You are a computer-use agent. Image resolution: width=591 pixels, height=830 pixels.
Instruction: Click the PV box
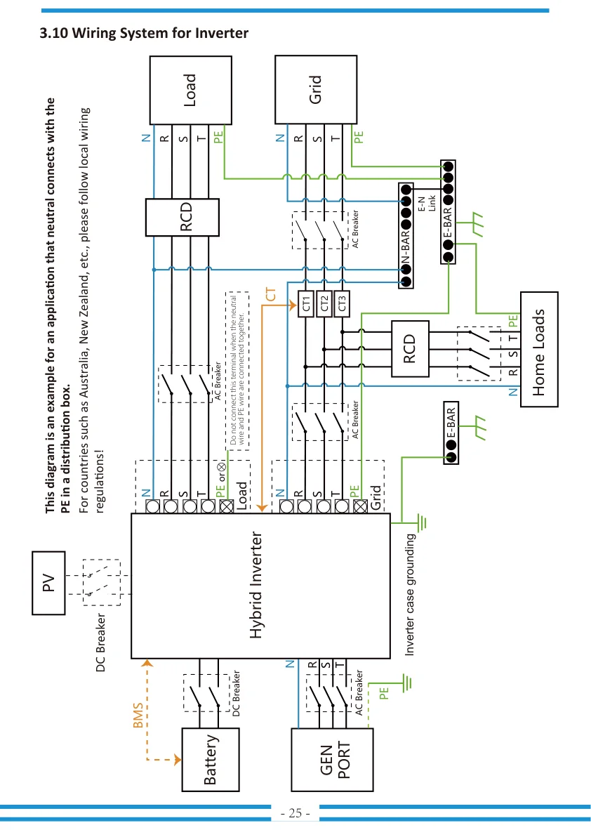[x=48, y=583]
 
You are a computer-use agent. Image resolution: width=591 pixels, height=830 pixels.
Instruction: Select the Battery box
[x=211, y=760]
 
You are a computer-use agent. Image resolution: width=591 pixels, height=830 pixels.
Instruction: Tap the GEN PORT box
[x=332, y=760]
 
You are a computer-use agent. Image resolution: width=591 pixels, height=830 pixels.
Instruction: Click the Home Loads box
[x=539, y=350]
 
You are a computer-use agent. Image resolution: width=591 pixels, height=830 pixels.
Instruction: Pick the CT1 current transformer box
[x=306, y=304]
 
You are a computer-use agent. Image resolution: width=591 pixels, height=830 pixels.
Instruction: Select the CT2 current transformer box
[x=324, y=304]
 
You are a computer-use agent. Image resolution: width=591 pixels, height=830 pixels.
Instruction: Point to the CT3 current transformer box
[x=342, y=304]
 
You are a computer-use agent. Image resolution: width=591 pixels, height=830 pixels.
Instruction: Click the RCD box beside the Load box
[x=182, y=218]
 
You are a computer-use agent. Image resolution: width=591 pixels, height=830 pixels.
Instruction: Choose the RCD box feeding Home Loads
[x=410, y=349]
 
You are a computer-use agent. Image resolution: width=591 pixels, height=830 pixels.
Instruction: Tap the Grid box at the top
[x=316, y=89]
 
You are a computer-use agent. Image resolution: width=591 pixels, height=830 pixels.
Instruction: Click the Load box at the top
[x=190, y=90]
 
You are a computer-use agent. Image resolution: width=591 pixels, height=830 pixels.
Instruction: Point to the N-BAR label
[x=406, y=246]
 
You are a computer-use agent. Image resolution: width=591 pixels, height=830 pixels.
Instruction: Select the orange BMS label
[x=138, y=715]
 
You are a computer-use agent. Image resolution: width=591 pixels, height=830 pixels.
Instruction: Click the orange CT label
[x=270, y=294]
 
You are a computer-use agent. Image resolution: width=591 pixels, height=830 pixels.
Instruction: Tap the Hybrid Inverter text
[x=255, y=585]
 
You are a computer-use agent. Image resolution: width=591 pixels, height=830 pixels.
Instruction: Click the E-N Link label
[x=427, y=203]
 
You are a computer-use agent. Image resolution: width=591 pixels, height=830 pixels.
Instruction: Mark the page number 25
[x=295, y=813]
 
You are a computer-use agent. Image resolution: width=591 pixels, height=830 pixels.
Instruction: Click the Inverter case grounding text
[x=410, y=595]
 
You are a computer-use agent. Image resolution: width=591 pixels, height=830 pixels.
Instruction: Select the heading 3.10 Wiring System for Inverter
[x=144, y=33]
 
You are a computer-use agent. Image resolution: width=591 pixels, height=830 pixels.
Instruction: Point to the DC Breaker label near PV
[x=100, y=643]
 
